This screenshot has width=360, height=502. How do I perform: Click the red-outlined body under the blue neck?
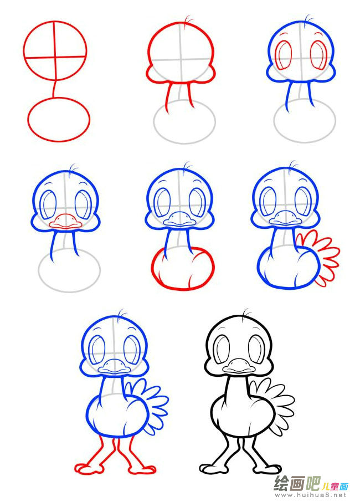pos(183,289)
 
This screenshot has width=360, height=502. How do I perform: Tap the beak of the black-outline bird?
pos(239,366)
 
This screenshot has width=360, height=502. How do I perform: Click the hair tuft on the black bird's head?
pos(246,313)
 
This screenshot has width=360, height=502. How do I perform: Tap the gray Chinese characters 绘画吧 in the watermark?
pos(297,484)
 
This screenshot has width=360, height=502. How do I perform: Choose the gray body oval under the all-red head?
pos(184,142)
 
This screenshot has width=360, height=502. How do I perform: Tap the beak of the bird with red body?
pos(179,219)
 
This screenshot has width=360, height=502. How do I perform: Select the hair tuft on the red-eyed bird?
pos(308,19)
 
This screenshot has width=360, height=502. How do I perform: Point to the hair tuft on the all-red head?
pos(188,20)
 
